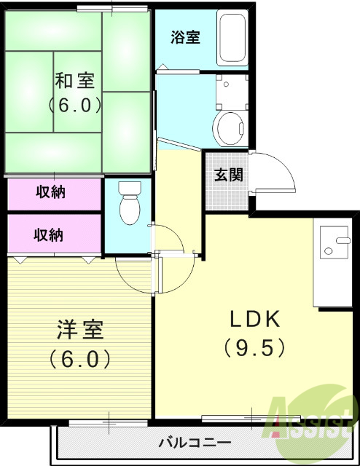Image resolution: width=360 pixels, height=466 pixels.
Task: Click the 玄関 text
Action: pyautogui.click(x=228, y=175)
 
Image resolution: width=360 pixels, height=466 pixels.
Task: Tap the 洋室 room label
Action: pyautogui.click(x=79, y=330)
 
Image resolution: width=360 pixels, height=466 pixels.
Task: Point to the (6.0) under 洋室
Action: pyautogui.click(x=79, y=359)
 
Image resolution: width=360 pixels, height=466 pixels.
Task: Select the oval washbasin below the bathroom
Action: pyautogui.click(x=231, y=127)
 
